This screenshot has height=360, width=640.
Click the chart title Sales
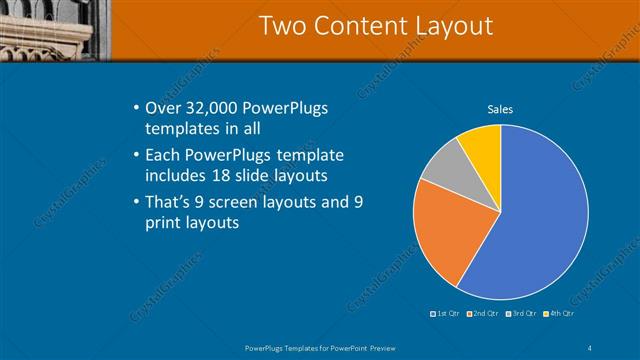(500, 109)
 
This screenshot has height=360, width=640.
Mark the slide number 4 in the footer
(591, 347)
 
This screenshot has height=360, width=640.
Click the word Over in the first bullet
(164, 107)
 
